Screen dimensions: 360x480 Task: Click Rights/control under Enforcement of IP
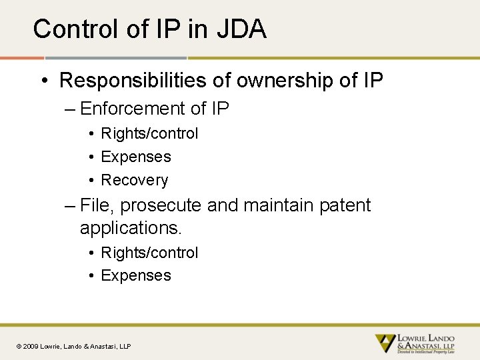[149, 133]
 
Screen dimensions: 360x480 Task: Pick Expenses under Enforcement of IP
[136, 157]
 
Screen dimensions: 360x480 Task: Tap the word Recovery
[135, 180]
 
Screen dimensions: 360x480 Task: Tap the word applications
[130, 228]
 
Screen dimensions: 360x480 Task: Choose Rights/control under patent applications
[149, 253]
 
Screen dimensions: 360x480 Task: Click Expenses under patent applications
[136, 275]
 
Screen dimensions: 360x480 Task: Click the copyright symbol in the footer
[19, 346]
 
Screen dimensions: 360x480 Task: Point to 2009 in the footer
[31, 346]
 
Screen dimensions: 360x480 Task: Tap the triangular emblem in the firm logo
[385, 343]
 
